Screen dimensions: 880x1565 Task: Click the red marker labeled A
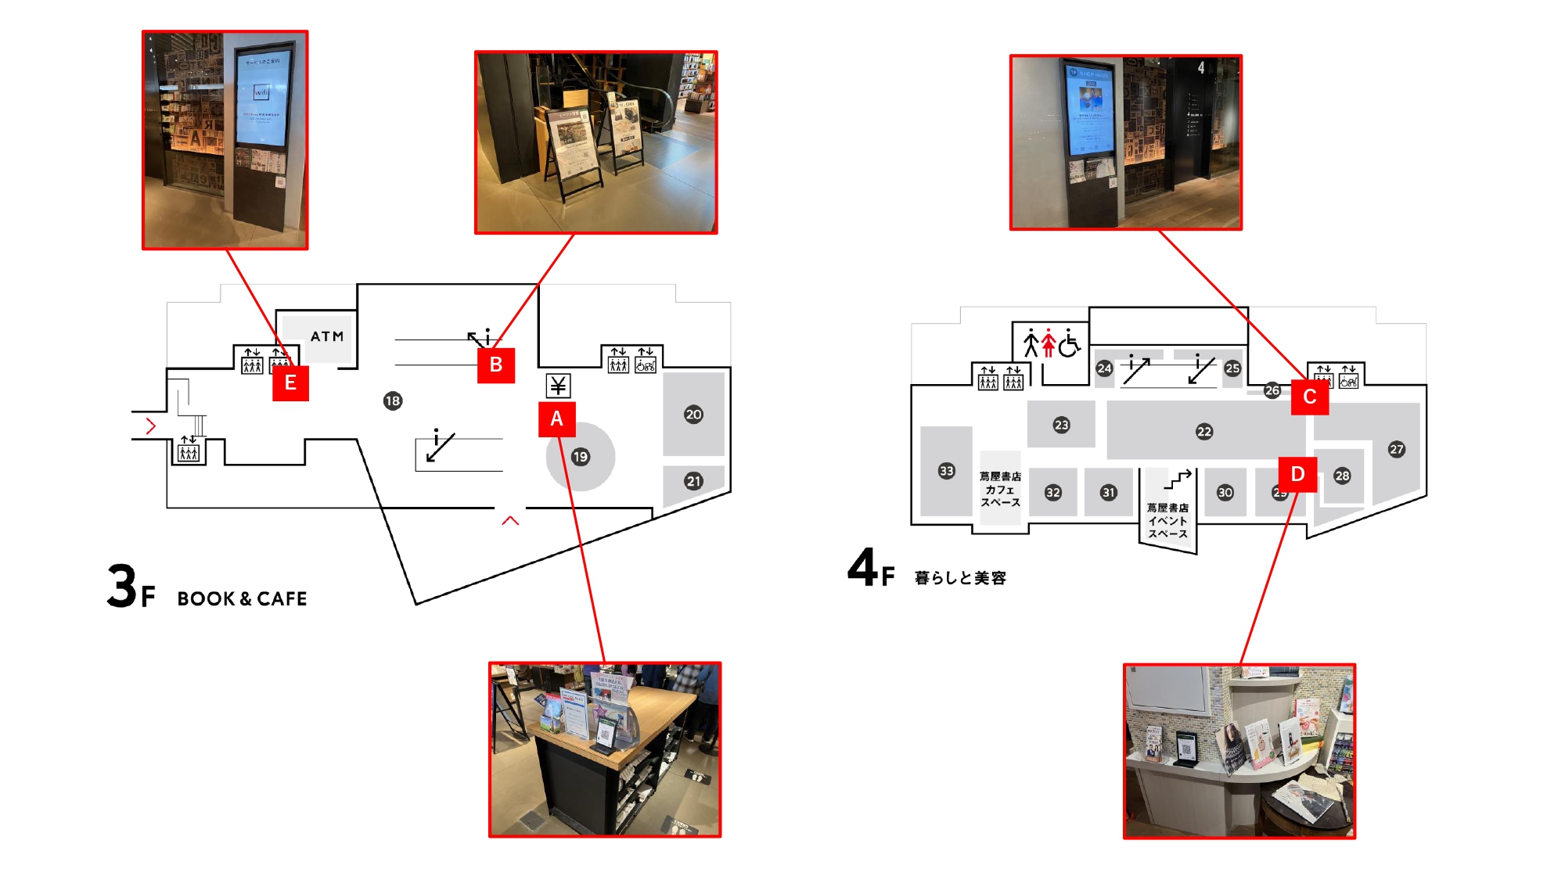pos(556,418)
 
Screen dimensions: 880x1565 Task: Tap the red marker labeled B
pos(496,365)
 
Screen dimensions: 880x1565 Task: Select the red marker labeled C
pos(1309,397)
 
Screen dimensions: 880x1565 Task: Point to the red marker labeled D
pos(1297,474)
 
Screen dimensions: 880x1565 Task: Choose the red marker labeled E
pos(290,383)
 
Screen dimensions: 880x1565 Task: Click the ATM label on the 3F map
pos(327,336)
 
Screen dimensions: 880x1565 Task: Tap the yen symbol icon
pos(558,385)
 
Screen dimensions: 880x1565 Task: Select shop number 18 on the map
pos(393,400)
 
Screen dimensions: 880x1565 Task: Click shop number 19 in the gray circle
pos(580,457)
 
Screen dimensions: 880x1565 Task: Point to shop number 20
pos(693,415)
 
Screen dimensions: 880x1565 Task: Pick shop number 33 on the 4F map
pos(947,470)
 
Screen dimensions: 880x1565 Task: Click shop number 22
pos(1204,431)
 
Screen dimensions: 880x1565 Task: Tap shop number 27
pos(1397,449)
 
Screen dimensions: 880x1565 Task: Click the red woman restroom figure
pos(1049,343)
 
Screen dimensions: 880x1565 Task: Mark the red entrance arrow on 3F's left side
pos(151,426)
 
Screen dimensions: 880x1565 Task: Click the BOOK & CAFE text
pos(242,598)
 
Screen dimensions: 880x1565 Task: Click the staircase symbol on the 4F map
pos(1178,479)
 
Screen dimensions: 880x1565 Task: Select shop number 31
pos(1108,492)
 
